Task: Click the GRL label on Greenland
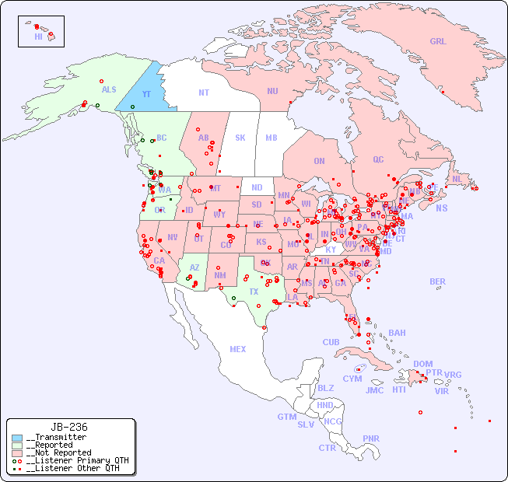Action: (x=438, y=42)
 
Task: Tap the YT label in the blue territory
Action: (x=146, y=94)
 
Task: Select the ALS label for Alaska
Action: (x=109, y=90)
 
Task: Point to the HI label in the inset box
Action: (x=38, y=37)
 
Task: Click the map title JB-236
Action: (x=69, y=427)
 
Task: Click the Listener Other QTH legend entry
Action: (x=72, y=468)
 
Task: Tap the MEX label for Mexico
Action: (x=238, y=350)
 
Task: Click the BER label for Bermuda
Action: (x=438, y=281)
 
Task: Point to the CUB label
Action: (x=331, y=342)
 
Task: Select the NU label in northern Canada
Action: (x=272, y=91)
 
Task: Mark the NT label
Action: (x=203, y=93)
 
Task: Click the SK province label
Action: (x=240, y=138)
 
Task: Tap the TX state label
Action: (x=254, y=292)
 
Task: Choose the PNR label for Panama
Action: (x=371, y=438)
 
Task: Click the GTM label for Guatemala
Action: (x=286, y=417)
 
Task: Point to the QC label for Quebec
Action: (x=378, y=160)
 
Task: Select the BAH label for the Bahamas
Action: (x=397, y=333)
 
